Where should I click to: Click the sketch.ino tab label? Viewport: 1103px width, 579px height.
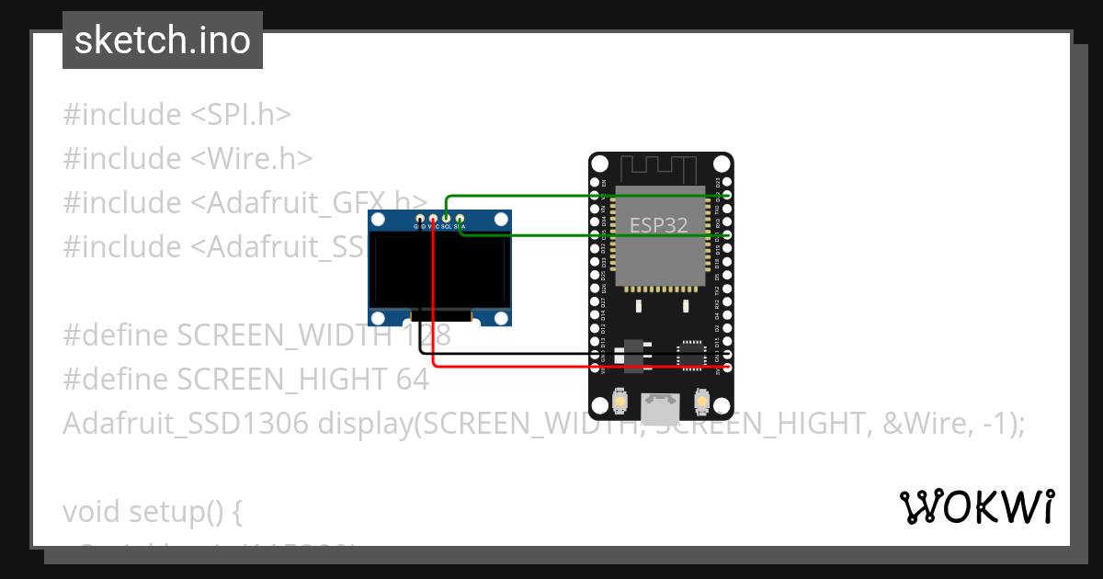click(x=163, y=40)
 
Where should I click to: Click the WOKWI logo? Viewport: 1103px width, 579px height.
click(x=976, y=506)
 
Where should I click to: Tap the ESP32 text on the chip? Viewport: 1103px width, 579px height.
click(x=658, y=225)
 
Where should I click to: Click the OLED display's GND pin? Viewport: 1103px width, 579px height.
click(x=420, y=221)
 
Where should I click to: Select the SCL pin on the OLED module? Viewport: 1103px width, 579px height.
click(x=446, y=221)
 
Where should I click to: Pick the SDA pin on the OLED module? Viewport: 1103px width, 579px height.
click(x=460, y=221)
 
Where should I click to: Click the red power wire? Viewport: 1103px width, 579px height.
click(x=570, y=367)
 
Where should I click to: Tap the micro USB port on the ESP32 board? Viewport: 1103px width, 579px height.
click(x=661, y=403)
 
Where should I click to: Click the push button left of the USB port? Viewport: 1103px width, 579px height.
click(x=620, y=402)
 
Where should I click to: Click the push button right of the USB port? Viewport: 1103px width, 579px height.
click(x=701, y=402)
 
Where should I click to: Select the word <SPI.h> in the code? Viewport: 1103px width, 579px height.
click(x=241, y=115)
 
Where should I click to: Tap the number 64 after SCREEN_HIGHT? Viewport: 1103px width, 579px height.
click(x=414, y=380)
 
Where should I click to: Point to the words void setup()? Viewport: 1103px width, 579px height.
click(x=152, y=511)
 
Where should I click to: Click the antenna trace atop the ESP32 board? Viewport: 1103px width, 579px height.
click(x=661, y=169)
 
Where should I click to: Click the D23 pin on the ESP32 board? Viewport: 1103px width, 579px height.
click(x=727, y=183)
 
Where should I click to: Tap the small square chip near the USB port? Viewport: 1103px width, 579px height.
click(x=690, y=355)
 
